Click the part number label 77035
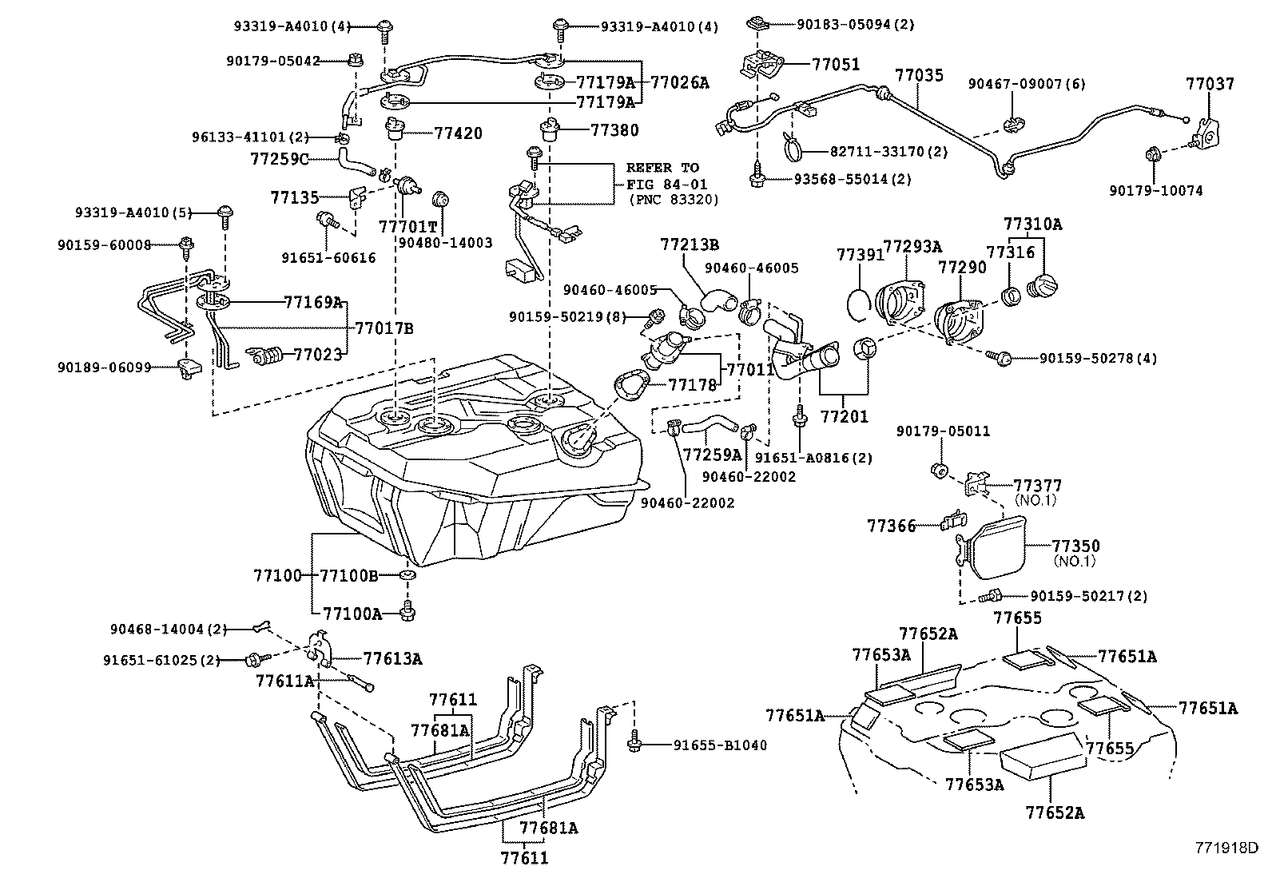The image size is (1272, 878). pyautogui.click(x=919, y=76)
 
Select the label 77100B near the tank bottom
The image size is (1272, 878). pyautogui.click(x=348, y=575)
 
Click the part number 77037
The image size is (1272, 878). pyautogui.click(x=1210, y=84)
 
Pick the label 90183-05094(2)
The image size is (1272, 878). pyautogui.click(x=855, y=25)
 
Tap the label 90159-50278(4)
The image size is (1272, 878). pyautogui.click(x=1098, y=359)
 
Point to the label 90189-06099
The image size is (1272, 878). pyautogui.click(x=104, y=367)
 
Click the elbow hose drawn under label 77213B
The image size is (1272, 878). pyautogui.click(x=720, y=300)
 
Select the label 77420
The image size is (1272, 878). pyautogui.click(x=458, y=133)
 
